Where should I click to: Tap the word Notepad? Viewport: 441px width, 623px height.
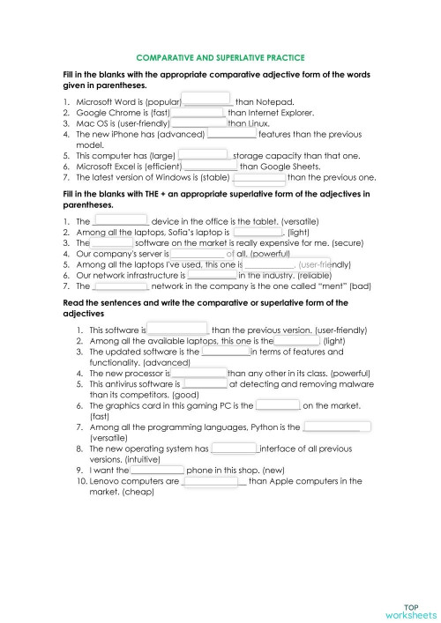click(276, 103)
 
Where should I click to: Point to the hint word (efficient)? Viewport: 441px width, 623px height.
click(161, 166)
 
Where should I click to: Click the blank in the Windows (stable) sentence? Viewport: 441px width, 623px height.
click(259, 176)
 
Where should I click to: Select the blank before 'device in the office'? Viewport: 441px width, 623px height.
click(121, 219)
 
